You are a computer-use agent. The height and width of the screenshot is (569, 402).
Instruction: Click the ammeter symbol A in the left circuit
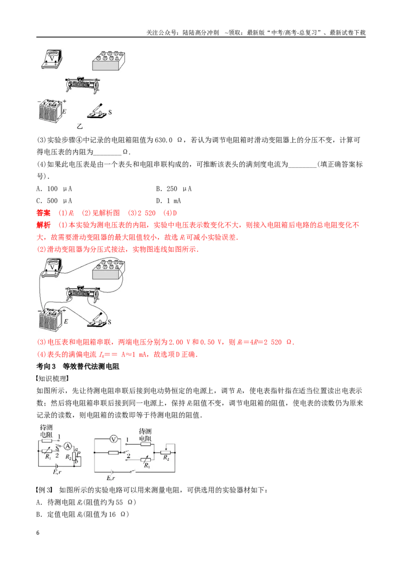(67, 446)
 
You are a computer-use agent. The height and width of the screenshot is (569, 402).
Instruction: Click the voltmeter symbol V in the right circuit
(114, 439)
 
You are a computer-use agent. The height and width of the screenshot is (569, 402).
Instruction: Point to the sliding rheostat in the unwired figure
(83, 85)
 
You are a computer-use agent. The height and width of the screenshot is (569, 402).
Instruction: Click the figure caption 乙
(80, 126)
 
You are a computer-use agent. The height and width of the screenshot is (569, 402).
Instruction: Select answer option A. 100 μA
(54, 188)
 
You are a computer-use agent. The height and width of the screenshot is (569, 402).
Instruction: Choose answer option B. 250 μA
(174, 188)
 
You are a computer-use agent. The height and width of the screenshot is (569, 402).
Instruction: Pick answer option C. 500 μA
(54, 201)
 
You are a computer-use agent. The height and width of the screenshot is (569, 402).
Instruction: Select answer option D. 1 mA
(168, 201)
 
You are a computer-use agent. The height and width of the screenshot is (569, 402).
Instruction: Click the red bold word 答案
(44, 213)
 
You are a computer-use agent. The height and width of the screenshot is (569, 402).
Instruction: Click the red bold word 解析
(44, 225)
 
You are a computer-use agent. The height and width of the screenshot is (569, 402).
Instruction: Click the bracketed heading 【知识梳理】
(53, 378)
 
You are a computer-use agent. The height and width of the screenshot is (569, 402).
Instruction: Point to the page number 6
(38, 533)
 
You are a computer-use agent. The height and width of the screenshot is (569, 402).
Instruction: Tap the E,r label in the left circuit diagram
(57, 472)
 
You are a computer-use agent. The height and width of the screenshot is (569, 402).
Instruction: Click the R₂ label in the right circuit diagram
(166, 457)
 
